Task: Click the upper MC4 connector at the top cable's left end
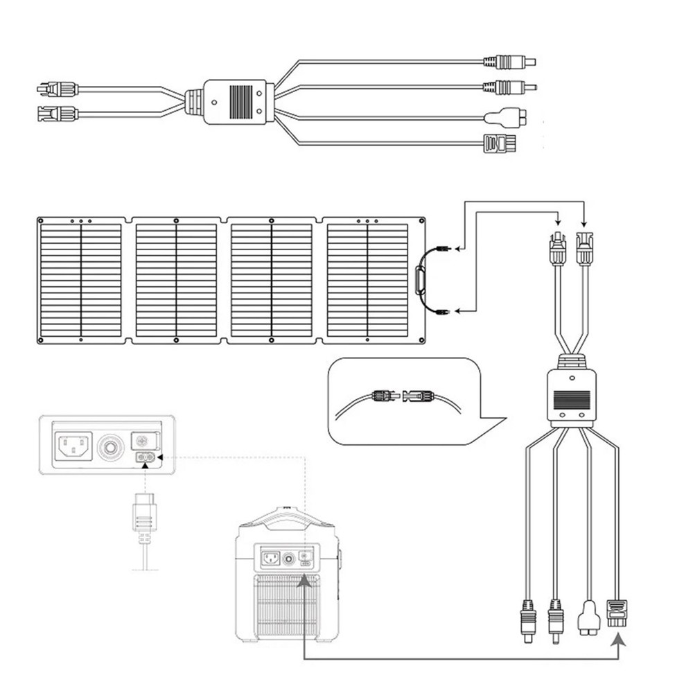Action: (57, 88)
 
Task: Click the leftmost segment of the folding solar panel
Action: (81, 280)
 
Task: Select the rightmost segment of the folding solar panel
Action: (368, 280)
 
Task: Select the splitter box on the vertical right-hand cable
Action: (571, 396)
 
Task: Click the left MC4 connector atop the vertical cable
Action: (556, 246)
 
